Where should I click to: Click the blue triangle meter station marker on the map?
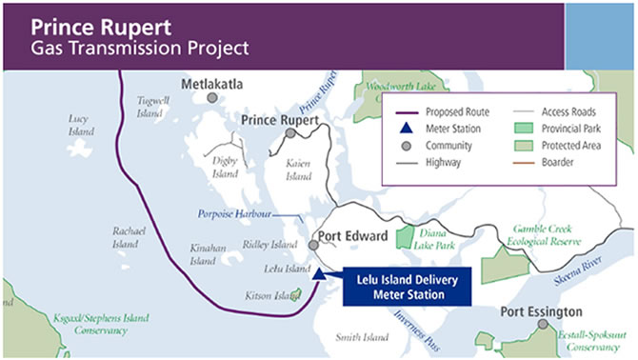[x=321, y=275]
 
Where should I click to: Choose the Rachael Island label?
[x=129, y=236]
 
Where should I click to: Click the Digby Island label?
[x=225, y=168]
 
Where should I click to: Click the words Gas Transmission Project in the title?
[x=127, y=46]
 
